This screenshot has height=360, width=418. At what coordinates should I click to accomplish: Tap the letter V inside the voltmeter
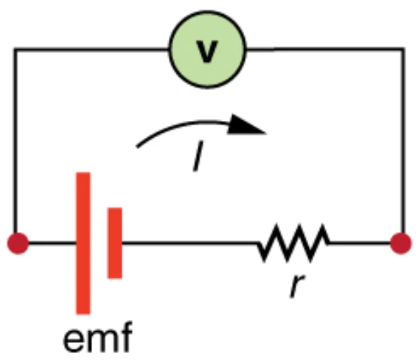(x=207, y=51)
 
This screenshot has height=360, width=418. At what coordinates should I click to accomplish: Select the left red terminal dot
(x=18, y=243)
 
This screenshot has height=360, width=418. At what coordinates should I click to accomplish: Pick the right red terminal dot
(x=400, y=243)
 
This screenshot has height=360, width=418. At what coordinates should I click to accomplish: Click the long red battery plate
(x=83, y=243)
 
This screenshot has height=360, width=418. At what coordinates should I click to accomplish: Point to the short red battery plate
(x=115, y=243)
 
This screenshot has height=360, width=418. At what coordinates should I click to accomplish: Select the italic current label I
(x=198, y=156)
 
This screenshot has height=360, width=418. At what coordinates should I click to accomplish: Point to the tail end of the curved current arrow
(x=137, y=146)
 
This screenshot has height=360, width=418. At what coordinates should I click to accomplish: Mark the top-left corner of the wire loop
(x=15, y=49)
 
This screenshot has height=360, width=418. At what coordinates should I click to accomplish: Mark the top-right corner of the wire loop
(x=404, y=49)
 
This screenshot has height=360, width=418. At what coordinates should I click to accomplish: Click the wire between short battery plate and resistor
(x=190, y=243)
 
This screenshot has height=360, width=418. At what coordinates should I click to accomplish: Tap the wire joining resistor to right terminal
(x=360, y=243)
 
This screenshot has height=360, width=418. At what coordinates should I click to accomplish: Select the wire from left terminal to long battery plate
(x=52, y=243)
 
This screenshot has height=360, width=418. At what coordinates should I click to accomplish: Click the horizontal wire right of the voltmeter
(x=324, y=49)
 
